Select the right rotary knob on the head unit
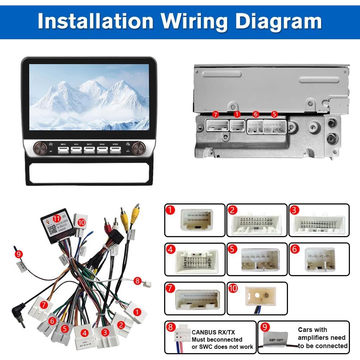138,148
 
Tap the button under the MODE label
115,149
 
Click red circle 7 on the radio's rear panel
216,115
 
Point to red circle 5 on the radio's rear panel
274,115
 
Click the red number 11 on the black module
56,219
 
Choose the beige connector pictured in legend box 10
260,296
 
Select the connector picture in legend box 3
319,223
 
